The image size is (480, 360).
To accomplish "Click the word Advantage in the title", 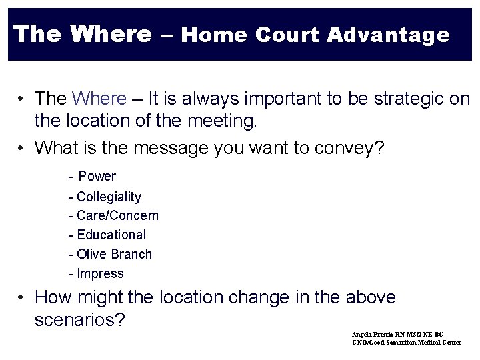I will tap(389, 35).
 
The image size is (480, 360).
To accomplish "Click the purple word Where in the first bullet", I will tap(99, 99).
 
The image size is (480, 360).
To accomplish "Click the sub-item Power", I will tap(97, 177).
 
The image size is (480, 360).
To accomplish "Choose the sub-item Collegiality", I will tap(109, 197).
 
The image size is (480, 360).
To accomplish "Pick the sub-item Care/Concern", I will tap(117, 216).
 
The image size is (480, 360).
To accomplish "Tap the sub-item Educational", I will tap(111, 235).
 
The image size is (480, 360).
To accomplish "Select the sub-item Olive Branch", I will tap(114, 254).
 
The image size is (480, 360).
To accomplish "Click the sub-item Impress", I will tap(100, 273).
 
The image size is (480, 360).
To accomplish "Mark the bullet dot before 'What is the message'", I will tap(23, 147).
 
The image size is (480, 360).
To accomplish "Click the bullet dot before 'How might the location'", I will tap(23, 297).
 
